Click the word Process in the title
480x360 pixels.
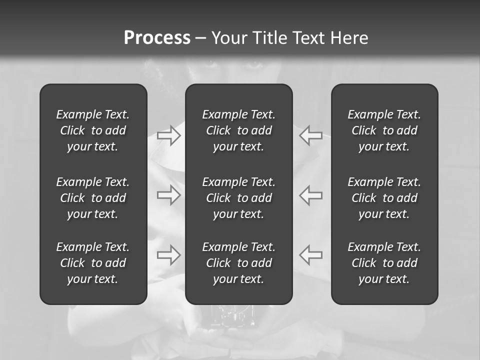[x=157, y=38]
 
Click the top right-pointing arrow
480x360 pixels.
[x=168, y=135]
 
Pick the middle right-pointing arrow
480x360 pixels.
[x=168, y=195]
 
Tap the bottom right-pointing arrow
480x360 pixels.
[x=168, y=254]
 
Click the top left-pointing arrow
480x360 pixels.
[x=311, y=135]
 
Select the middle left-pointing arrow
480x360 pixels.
[x=311, y=195]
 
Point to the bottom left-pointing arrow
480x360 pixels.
[x=311, y=254]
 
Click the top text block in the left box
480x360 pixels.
[x=93, y=130]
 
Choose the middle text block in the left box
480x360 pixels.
[x=93, y=198]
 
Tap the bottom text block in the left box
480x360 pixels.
[x=93, y=263]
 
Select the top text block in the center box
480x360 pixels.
[x=239, y=130]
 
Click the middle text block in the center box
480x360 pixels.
[x=239, y=198]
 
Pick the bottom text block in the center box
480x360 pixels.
[x=239, y=263]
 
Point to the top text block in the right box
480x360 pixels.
[x=384, y=130]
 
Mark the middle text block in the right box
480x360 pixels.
[x=384, y=198]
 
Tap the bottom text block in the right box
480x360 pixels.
[x=384, y=263]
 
